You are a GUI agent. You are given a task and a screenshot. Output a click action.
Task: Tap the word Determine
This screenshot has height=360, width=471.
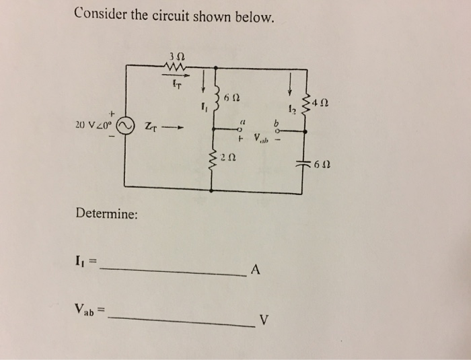tap(107, 215)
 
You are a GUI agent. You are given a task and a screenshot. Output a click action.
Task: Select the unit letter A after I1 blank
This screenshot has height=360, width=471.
tap(255, 271)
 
